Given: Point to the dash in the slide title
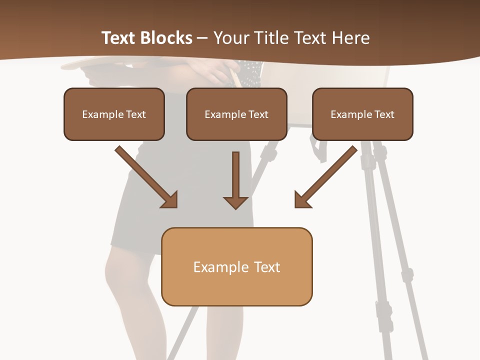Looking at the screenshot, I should [x=202, y=38].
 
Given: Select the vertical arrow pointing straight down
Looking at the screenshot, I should [x=235, y=177].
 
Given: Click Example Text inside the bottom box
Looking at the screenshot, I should [x=236, y=267].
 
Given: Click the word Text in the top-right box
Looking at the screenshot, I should [x=384, y=114].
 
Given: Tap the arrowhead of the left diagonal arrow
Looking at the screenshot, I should [x=170, y=200].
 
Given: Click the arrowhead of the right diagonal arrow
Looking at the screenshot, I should [x=301, y=200].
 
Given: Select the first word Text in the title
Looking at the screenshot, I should [x=119, y=38].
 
